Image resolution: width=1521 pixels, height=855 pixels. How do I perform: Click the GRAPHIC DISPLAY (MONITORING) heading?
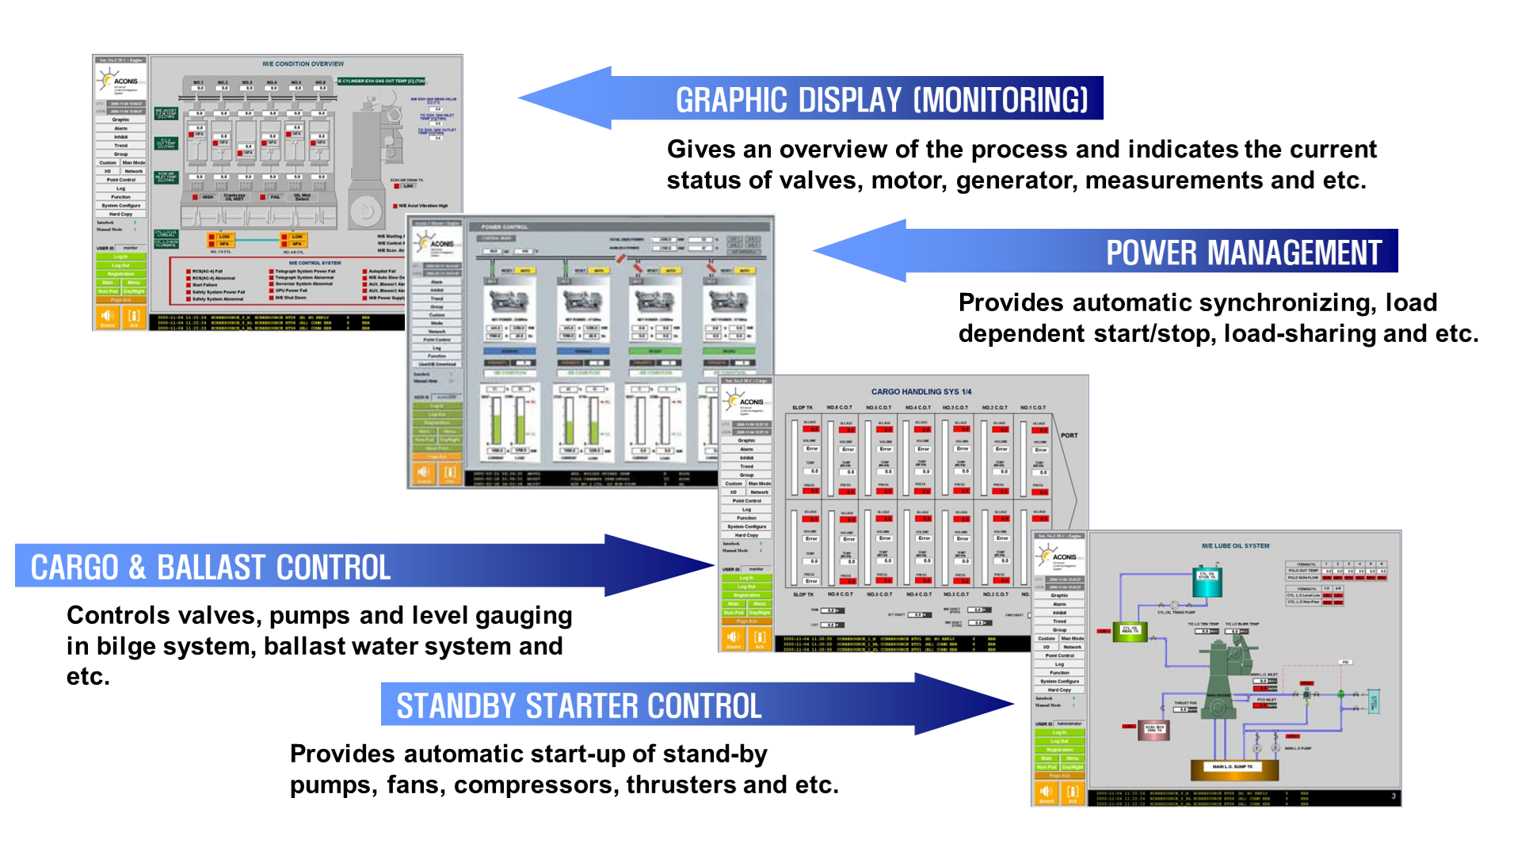(x=881, y=101)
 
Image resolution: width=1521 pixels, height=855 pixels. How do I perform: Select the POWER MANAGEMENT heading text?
(x=1243, y=253)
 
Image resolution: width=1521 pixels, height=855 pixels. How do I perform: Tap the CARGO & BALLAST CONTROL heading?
(x=211, y=568)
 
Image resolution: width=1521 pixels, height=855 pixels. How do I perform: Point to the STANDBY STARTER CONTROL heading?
(x=578, y=706)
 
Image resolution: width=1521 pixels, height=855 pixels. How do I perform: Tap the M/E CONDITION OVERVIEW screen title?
(x=303, y=64)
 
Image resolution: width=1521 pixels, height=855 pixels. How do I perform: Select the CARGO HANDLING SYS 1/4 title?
(x=921, y=392)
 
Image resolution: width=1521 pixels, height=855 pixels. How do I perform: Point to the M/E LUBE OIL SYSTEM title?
(x=1235, y=546)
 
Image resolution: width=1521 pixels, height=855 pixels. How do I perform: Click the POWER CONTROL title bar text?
(x=504, y=227)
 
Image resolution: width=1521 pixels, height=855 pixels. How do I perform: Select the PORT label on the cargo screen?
(x=1069, y=435)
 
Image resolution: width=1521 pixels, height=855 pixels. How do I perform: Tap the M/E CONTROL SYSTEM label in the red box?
(x=314, y=263)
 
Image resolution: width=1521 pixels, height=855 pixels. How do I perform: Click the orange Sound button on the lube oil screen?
(x=1046, y=792)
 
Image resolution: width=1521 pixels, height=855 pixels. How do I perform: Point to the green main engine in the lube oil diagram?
(x=1225, y=673)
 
